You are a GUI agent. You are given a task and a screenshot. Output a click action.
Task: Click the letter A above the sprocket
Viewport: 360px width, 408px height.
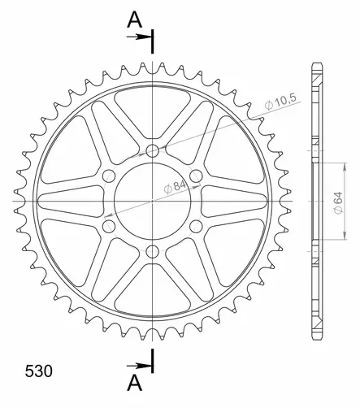(x=133, y=20)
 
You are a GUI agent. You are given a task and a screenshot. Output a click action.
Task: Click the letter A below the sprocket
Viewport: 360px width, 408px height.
(x=133, y=382)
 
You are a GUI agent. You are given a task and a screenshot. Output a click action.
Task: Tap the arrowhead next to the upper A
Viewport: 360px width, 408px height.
(x=147, y=37)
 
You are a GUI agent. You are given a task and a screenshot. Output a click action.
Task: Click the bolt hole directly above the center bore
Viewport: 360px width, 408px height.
(x=153, y=150)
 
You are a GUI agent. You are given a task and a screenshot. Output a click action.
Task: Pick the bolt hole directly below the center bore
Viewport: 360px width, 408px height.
(x=153, y=251)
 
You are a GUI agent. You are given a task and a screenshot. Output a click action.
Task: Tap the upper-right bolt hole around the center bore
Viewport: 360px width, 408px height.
(x=196, y=176)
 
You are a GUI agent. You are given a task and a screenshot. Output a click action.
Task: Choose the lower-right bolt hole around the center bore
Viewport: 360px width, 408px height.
(x=196, y=226)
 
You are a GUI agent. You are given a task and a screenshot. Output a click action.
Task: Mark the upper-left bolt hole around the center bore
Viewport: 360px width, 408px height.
(x=109, y=176)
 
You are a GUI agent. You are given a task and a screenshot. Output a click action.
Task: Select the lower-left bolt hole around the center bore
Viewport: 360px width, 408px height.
(x=109, y=226)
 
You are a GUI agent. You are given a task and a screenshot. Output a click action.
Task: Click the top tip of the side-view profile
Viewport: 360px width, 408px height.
(x=313, y=65)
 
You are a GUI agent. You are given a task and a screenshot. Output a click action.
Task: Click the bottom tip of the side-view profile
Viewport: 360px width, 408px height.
(x=313, y=337)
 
